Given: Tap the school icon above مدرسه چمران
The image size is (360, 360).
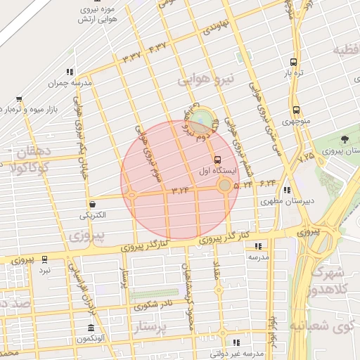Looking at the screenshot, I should [x=69, y=72].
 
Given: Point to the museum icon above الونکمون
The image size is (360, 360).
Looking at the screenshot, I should [x=91, y=328].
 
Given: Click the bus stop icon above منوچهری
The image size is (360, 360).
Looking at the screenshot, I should [x=295, y=110].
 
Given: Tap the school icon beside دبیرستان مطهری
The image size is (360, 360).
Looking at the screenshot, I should [x=286, y=190].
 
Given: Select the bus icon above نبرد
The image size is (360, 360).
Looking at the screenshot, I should [x=45, y=259].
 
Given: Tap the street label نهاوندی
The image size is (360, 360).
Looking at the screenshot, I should [x=215, y=29].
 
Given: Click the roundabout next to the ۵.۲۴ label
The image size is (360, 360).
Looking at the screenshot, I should [x=224, y=186].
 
